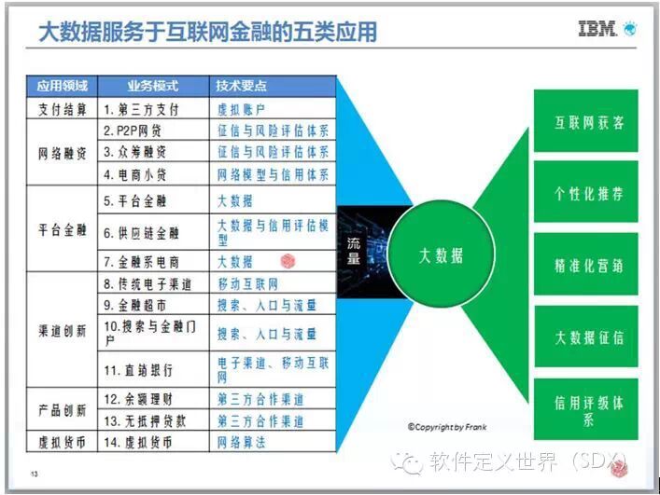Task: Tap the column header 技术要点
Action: [x=242, y=87]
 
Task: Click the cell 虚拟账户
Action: [x=235, y=109]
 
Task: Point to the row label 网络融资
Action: [x=62, y=152]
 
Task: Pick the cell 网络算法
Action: [x=241, y=443]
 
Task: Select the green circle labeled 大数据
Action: [x=441, y=256]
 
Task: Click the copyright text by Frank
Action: [x=446, y=428]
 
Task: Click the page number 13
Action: [x=35, y=473]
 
